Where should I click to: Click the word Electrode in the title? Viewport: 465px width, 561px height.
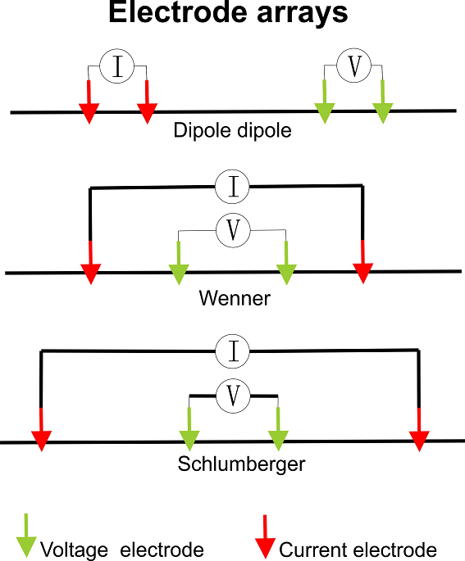pos(178,12)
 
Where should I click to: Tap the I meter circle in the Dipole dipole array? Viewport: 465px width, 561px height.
pos(116,66)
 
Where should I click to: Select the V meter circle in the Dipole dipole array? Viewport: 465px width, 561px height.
pos(354,66)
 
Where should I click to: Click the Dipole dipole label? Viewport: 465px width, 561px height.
pos(233,130)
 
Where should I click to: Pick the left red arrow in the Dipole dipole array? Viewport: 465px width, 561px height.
pos(89,102)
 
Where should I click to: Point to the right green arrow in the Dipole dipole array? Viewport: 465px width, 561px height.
pos(383,102)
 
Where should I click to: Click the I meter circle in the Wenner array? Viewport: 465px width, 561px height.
pos(232,187)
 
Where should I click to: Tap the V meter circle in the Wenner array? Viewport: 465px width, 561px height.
pos(233,230)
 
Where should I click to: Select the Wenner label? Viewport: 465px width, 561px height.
pos(235,298)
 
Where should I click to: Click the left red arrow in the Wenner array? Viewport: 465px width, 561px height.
pos(91,263)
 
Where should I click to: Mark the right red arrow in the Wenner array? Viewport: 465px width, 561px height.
pos(363,262)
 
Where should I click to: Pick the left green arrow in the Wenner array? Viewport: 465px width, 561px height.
pos(179,264)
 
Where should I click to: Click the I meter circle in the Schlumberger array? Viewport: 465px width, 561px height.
pos(233,351)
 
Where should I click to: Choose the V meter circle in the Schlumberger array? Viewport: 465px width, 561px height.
pos(233,396)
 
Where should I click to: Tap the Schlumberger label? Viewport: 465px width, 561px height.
pos(241,464)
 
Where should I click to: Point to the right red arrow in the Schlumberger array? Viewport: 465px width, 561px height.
pos(419,430)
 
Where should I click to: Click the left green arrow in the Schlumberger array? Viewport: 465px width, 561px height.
pos(189,429)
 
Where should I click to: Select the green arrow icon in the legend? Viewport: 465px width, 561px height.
pos(26,536)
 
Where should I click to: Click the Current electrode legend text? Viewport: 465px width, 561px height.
pos(358,550)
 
